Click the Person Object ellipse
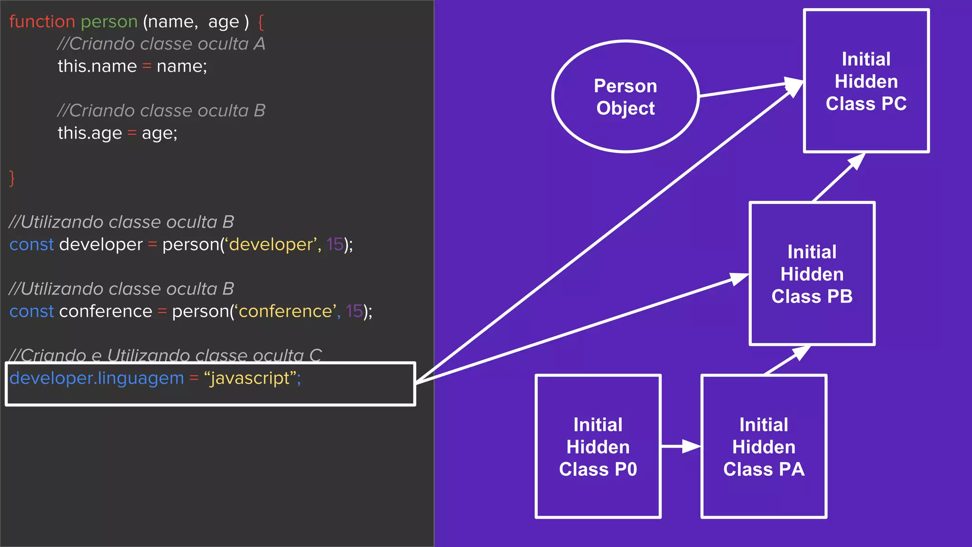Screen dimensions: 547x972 (625, 96)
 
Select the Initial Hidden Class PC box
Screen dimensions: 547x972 (866, 81)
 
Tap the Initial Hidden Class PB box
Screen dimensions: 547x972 (812, 274)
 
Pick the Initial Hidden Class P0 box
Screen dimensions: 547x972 (598, 446)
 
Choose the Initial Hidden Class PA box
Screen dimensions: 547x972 (764, 446)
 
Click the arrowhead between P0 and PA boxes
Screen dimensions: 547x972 (691, 446)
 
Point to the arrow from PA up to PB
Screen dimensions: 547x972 (788, 359)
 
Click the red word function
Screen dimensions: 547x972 (42, 22)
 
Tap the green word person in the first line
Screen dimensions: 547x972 (109, 22)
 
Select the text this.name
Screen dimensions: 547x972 (97, 66)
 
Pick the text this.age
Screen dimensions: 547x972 (89, 133)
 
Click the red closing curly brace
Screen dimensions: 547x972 (12, 178)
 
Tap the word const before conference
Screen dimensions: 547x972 (31, 311)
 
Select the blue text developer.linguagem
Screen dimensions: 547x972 (96, 378)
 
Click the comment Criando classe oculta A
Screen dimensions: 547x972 (161, 44)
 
